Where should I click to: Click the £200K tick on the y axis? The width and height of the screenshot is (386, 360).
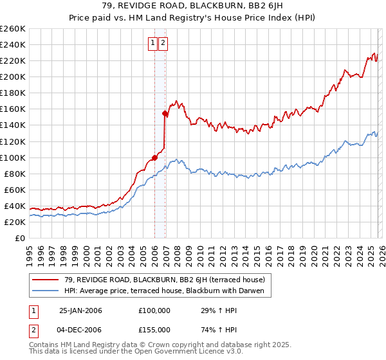(12, 76)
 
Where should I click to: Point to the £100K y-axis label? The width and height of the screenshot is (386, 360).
(12, 157)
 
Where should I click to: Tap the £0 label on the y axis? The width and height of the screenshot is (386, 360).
(19, 238)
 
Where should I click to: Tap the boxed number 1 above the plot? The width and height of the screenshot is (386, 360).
(153, 43)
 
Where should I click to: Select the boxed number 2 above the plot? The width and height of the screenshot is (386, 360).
(163, 43)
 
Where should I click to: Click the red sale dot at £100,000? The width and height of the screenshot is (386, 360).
(155, 157)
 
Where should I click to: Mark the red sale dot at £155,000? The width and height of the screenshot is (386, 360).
(165, 113)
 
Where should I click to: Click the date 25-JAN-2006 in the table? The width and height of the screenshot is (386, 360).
(80, 310)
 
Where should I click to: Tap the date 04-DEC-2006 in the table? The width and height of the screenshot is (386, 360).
(80, 329)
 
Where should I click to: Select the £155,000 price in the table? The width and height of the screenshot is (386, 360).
(154, 329)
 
